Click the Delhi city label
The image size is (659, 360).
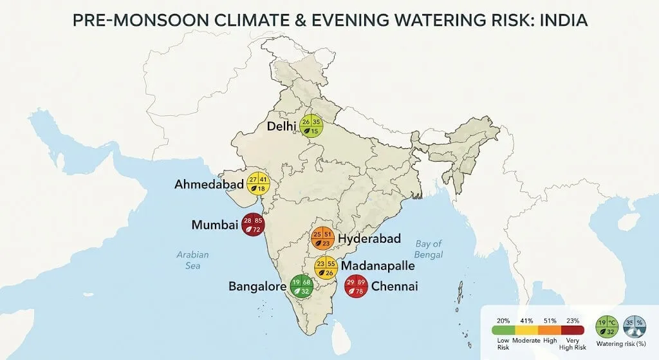281,126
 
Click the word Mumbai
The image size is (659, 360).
214,225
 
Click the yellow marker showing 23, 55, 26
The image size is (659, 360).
326,268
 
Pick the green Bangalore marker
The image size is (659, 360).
302,286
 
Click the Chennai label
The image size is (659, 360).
394,286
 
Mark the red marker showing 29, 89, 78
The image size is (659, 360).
356,286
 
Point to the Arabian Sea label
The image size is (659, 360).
193,260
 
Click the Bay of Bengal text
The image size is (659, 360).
429,249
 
